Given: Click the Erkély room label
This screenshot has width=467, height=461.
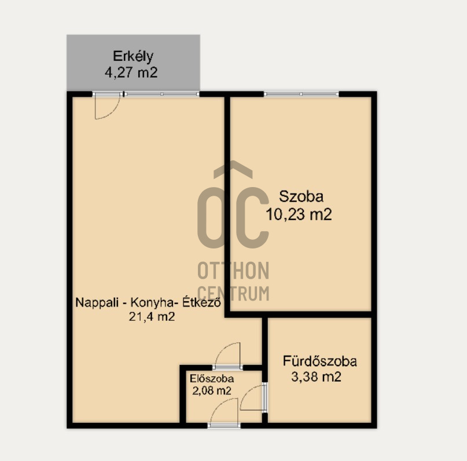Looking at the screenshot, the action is (x=133, y=57).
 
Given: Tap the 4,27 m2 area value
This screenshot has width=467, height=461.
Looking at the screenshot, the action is (x=131, y=72).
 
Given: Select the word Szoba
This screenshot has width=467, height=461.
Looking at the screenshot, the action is (x=301, y=197).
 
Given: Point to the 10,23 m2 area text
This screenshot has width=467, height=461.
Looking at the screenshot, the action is (x=299, y=214).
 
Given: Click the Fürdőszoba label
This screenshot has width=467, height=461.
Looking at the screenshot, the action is (x=319, y=361).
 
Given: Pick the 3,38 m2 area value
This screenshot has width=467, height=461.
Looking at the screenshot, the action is (x=316, y=377).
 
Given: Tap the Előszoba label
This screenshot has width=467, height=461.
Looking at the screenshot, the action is (x=212, y=379).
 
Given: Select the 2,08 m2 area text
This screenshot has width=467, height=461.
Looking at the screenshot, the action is (x=211, y=390).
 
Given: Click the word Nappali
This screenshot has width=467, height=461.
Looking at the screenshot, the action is (x=97, y=303).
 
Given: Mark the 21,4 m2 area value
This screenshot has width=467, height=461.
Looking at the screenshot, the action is (x=152, y=316).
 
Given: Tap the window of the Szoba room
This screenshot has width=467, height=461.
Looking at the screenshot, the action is (x=301, y=94).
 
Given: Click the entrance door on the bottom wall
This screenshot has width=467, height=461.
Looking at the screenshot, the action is (x=224, y=425).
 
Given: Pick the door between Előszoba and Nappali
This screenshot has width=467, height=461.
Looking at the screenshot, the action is (x=228, y=367).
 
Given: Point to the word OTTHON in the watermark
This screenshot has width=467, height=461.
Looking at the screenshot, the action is (x=233, y=270).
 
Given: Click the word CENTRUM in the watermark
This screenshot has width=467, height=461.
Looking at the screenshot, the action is (x=233, y=293).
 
